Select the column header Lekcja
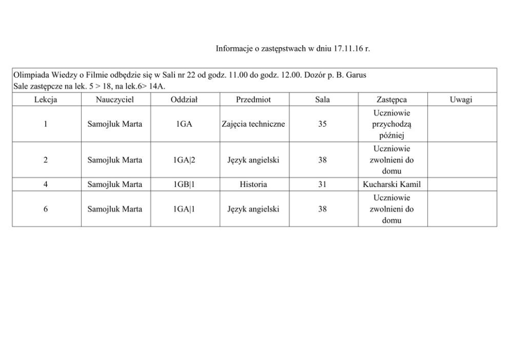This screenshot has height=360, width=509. point(46,100)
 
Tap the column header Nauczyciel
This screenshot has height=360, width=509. point(115,100)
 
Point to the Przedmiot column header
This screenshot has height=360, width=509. point(253,100)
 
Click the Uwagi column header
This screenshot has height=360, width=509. point(461,100)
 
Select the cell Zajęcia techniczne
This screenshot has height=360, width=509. point(253,124)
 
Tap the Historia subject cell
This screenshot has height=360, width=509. point(253,184)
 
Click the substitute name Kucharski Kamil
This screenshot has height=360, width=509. point(391,184)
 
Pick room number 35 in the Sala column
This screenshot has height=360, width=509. point(322,124)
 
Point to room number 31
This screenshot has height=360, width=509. point(322,184)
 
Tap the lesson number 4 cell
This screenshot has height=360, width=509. point(46,184)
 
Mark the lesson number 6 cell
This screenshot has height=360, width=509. point(46,209)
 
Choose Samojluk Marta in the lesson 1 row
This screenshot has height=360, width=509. point(115,124)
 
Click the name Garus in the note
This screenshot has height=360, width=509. point(356,75)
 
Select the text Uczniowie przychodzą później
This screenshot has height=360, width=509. point(391,124)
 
